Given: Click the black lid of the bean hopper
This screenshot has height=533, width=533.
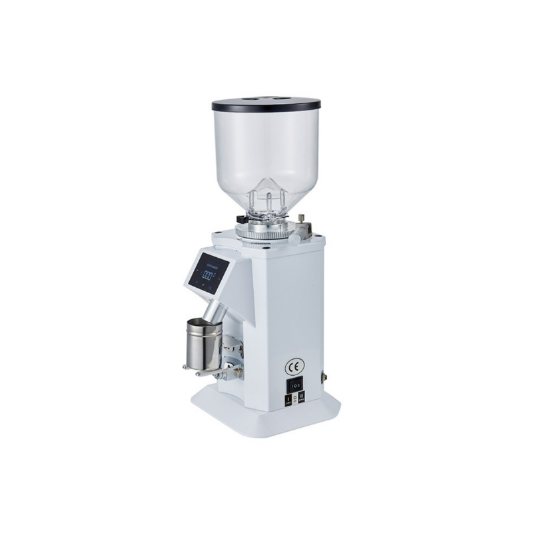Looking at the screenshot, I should [266, 105].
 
